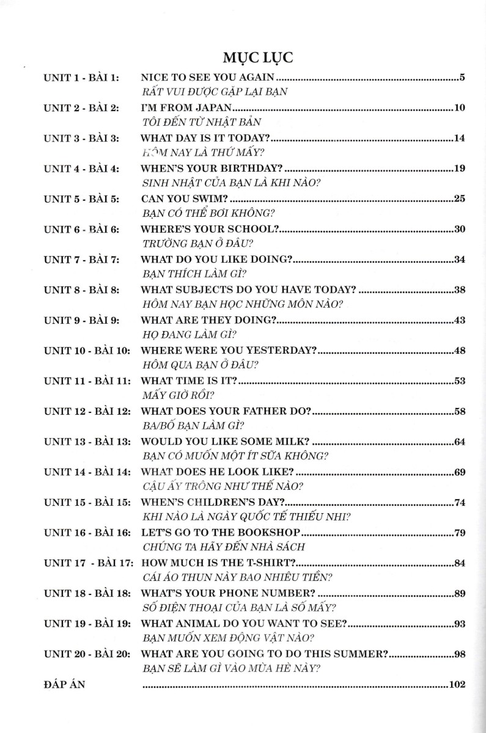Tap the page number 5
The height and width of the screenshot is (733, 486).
point(463,78)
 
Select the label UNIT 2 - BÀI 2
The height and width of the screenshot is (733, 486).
point(82,108)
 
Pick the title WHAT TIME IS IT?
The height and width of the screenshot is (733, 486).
point(189,381)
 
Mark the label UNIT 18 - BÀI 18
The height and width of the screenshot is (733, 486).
point(87,593)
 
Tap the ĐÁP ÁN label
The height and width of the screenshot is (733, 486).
point(64,684)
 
